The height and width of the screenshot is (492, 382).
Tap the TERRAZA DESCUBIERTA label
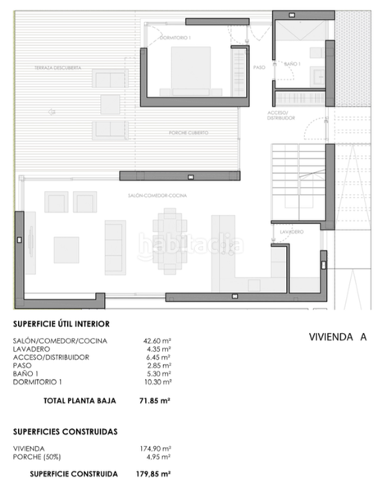(52, 68)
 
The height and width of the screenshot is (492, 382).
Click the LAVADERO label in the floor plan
(292, 232)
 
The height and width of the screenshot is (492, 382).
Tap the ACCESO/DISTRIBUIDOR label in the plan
(281, 114)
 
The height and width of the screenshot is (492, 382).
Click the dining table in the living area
(170, 241)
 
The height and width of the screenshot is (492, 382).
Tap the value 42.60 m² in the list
(156, 341)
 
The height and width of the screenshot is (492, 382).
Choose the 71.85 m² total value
(153, 401)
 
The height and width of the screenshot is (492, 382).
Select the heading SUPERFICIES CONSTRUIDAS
(65, 430)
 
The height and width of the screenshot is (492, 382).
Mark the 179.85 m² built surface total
(153, 474)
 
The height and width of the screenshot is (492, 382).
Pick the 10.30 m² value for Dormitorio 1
(156, 382)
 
